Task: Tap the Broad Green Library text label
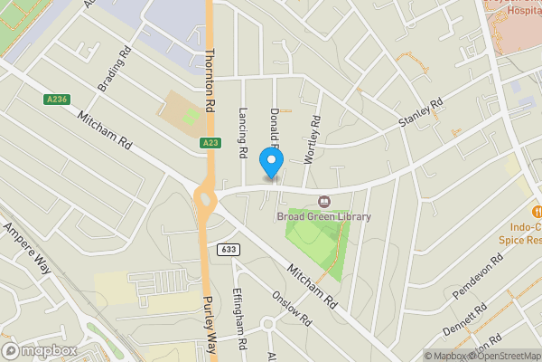coord(311,215)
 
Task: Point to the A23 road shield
coord(210,143)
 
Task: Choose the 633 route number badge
coord(227,249)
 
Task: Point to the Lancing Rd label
coord(242,134)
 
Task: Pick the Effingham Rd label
coord(239,318)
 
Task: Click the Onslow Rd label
coord(294,308)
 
